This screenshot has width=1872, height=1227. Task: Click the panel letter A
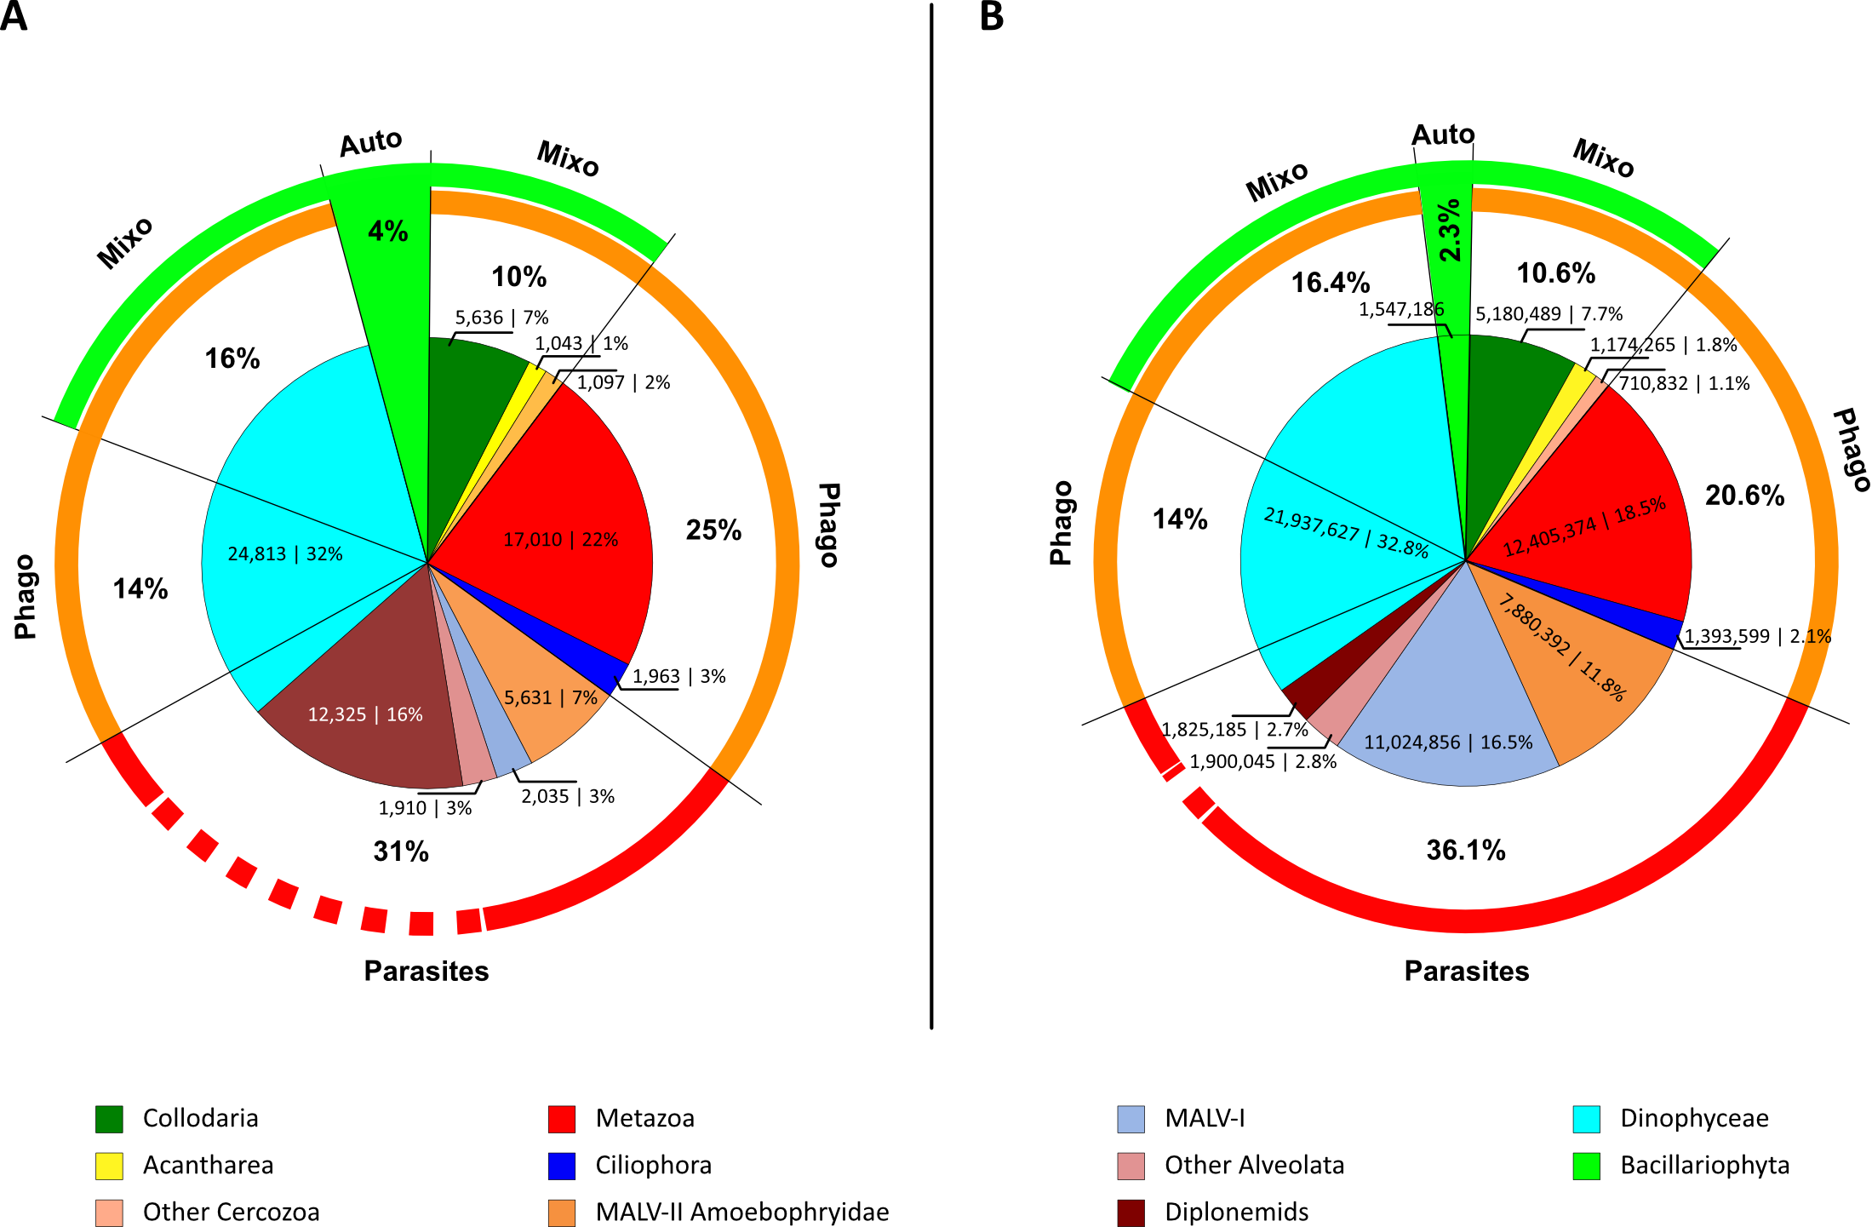pyautogui.click(x=14, y=16)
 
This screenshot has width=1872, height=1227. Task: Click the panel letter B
pyautogui.click(x=992, y=16)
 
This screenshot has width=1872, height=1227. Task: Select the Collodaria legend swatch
pyautogui.click(x=109, y=1119)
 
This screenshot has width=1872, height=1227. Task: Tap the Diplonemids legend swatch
pyautogui.click(x=1131, y=1213)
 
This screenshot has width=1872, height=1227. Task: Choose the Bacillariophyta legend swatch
pyautogui.click(x=1586, y=1166)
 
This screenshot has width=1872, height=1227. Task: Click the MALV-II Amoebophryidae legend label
pyautogui.click(x=741, y=1213)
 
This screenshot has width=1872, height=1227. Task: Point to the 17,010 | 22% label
pyautogui.click(x=561, y=540)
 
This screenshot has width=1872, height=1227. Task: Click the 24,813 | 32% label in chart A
pyautogui.click(x=285, y=554)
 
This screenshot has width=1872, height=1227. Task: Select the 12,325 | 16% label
pyautogui.click(x=365, y=714)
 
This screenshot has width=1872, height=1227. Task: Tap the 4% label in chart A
pyautogui.click(x=388, y=231)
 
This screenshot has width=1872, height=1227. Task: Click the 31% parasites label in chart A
pyautogui.click(x=401, y=851)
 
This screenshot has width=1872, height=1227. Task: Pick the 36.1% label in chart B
pyautogui.click(x=1466, y=850)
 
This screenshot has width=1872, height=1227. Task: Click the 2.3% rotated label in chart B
pyautogui.click(x=1450, y=230)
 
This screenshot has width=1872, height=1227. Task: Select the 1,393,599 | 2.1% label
pyautogui.click(x=1757, y=636)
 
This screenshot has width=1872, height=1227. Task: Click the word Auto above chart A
pyautogui.click(x=370, y=143)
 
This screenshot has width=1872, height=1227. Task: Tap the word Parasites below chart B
pyautogui.click(x=1466, y=971)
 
